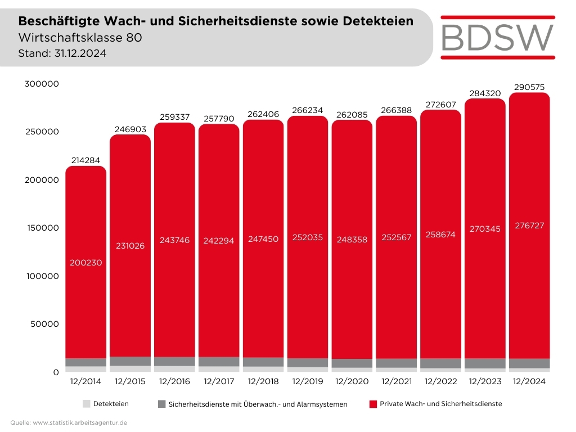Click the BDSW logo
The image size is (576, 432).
point(498,37)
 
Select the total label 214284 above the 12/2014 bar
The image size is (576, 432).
point(85,160)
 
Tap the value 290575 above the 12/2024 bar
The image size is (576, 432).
point(529,87)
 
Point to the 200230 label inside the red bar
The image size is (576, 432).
point(85,263)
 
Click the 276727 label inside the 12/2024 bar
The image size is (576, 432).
point(529,226)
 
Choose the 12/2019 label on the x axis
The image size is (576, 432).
point(307,381)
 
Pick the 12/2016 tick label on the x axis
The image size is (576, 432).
point(174,381)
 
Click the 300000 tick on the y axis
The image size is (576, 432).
point(42,84)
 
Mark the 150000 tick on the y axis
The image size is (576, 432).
point(42,228)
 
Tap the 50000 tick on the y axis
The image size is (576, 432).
point(44,324)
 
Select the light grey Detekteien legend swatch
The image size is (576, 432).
point(86,404)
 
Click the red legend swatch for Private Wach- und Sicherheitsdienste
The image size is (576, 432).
point(372,404)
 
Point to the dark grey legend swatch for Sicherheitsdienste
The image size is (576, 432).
point(161,404)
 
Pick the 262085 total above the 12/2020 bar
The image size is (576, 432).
point(352,115)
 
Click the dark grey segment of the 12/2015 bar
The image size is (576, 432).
point(130,361)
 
